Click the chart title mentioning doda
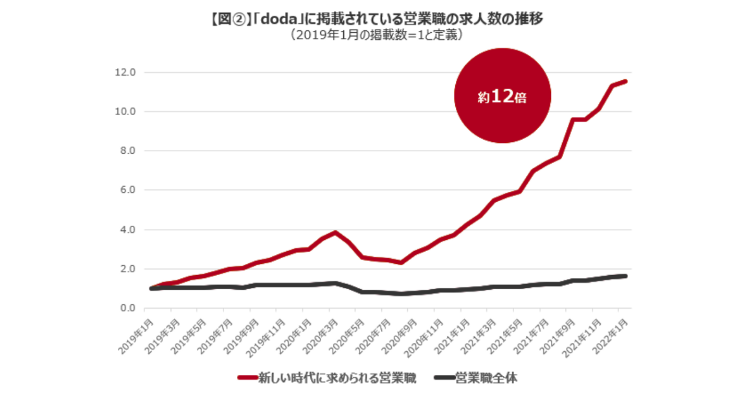375,19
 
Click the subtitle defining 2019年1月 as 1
375,35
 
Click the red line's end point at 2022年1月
625,81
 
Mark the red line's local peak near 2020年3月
335,232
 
